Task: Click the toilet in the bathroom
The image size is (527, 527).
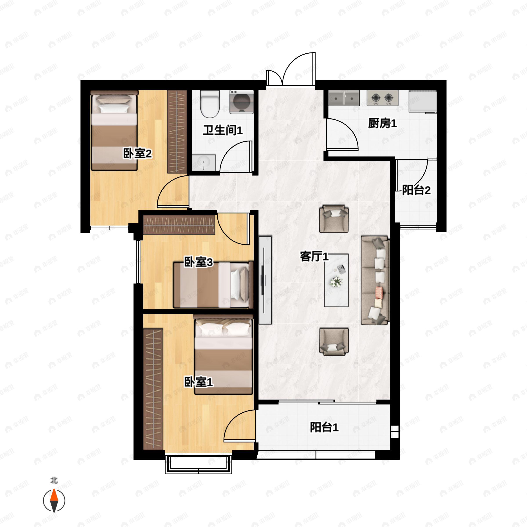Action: tap(210, 104)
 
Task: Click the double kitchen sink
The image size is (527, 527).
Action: tap(344, 98)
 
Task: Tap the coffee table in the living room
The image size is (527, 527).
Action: tap(336, 280)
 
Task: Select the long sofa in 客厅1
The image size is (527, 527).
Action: tap(375, 280)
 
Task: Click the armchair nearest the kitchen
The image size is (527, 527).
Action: tap(334, 219)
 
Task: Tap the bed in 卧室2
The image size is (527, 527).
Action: tap(114, 131)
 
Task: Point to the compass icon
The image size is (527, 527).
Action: tap(54, 501)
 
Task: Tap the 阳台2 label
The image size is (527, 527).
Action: tap(416, 190)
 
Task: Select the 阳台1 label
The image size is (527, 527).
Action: tap(324, 427)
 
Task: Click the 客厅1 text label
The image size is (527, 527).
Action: tap(314, 256)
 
